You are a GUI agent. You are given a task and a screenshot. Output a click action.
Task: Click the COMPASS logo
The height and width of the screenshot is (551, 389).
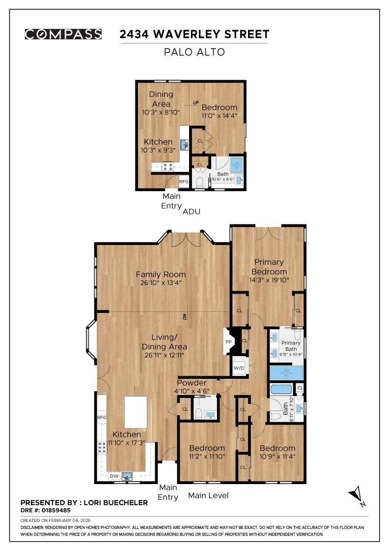coord(63,34)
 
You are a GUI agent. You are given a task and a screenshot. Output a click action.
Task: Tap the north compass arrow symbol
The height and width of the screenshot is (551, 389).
coord(356,495)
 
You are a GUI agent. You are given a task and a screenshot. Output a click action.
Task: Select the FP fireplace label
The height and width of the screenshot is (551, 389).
coord(228,342)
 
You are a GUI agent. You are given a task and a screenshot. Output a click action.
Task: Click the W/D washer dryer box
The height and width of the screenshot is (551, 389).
coord(239,368)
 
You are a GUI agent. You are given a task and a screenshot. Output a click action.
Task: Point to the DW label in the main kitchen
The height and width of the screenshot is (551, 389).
coord(114,476)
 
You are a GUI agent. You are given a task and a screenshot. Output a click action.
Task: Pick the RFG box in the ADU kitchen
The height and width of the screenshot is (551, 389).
coord(183,182)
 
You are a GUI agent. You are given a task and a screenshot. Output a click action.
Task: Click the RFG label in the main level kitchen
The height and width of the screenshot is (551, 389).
coord(102,417)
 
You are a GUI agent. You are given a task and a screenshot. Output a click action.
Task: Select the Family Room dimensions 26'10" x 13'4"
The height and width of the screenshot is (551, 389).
coord(161,283)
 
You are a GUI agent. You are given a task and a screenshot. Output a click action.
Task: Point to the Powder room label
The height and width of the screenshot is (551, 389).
coord(192,383)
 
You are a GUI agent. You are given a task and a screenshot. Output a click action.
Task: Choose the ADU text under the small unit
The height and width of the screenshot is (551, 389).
coord(192,212)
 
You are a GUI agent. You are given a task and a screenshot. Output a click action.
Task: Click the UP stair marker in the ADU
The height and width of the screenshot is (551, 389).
coord(196,103)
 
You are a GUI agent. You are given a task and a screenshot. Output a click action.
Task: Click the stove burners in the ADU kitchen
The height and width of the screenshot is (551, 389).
coord(167,167)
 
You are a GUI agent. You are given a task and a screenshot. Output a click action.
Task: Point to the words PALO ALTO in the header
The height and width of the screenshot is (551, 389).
coord(194,52)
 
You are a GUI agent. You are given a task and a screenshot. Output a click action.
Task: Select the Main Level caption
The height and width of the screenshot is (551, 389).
coord(208,495)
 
